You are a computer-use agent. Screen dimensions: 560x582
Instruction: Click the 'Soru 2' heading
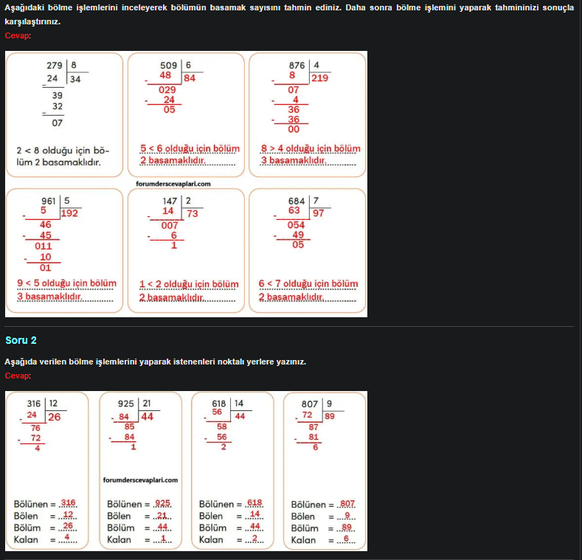21,340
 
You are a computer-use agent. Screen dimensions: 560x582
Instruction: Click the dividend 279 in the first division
55,65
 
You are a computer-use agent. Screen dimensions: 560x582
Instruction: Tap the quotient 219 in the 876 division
319,78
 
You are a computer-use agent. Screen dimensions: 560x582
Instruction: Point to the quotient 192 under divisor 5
70,213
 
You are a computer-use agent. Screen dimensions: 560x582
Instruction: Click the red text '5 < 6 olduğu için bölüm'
187,148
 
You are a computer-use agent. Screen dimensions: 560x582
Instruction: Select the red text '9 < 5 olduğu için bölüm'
66,283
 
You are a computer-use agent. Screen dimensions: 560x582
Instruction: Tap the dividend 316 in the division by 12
34,404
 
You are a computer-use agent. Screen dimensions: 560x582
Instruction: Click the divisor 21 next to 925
147,404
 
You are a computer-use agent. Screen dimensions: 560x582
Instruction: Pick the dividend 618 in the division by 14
218,404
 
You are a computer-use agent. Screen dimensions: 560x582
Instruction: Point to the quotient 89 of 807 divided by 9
330,416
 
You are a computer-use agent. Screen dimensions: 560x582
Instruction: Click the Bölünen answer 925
163,503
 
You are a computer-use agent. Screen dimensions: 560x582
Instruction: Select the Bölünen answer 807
347,503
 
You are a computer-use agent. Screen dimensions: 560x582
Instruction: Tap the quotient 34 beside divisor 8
75,78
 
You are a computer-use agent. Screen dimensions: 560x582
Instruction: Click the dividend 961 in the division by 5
49,201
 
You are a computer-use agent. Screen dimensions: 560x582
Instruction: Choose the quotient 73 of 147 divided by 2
193,213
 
